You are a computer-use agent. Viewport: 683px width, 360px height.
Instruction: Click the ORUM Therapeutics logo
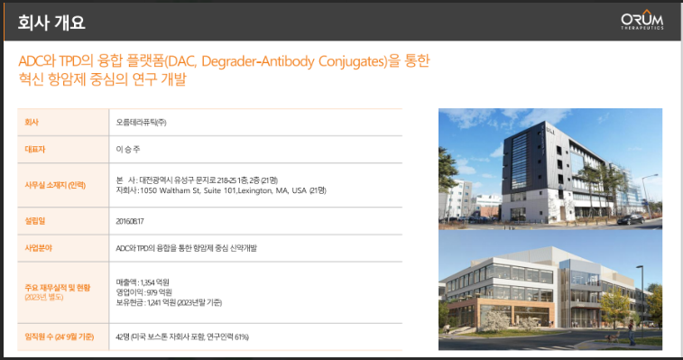pyautogui.click(x=642, y=22)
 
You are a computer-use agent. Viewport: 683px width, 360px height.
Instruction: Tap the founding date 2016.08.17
pyautogui.click(x=129, y=220)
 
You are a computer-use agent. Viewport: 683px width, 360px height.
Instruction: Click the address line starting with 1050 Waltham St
pyautogui.click(x=221, y=190)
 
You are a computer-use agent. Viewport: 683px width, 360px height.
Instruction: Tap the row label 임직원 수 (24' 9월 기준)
pyautogui.click(x=60, y=337)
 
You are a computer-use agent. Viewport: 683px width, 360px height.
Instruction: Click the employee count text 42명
pyautogui.click(x=123, y=337)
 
